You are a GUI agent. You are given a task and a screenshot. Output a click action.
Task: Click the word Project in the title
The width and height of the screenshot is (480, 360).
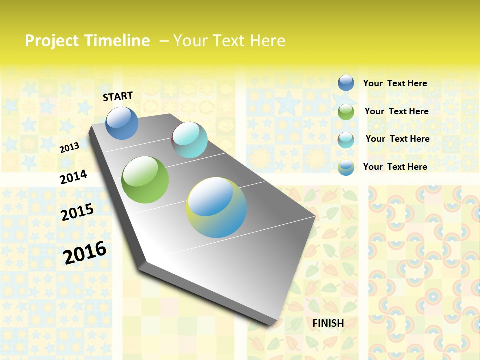pyautogui.click(x=52, y=41)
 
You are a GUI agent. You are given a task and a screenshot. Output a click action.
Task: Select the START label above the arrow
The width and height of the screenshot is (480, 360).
pyautogui.click(x=118, y=96)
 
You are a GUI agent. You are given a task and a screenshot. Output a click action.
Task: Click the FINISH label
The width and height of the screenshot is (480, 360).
pyautogui.click(x=328, y=323)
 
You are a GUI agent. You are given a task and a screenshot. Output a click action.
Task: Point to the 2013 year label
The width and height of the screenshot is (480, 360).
pyautogui.click(x=70, y=148)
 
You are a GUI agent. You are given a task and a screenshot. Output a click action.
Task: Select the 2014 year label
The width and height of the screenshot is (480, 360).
pyautogui.click(x=74, y=177)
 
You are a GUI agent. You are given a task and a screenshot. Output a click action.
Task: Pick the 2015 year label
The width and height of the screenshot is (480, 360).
pyautogui.click(x=77, y=212)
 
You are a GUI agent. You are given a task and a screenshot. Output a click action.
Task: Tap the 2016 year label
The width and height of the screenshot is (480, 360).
pyautogui.click(x=85, y=252)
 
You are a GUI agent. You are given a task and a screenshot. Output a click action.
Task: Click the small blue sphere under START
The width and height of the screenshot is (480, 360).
pyautogui.click(x=122, y=123)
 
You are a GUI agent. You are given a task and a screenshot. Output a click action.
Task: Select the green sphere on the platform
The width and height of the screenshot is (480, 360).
pyautogui.click(x=145, y=180)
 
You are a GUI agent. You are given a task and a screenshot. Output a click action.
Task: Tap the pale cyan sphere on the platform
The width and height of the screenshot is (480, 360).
pyautogui.click(x=189, y=140)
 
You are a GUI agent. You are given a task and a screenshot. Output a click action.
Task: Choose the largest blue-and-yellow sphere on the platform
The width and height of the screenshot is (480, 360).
pyautogui.click(x=216, y=207)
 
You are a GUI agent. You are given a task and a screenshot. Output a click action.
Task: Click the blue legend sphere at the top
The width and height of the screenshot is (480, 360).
pyautogui.click(x=346, y=83)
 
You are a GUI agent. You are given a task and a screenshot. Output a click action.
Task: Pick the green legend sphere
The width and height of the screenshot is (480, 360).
pyautogui.click(x=346, y=111)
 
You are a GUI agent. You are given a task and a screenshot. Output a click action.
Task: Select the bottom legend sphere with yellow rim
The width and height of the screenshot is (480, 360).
pyautogui.click(x=346, y=167)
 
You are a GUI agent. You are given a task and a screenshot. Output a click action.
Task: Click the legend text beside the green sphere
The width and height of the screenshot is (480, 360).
pyautogui.click(x=396, y=111)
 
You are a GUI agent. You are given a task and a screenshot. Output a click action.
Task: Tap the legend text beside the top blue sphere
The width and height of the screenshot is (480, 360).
pyautogui.click(x=395, y=83)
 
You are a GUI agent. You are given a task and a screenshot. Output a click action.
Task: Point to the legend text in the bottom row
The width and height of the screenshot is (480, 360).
pyautogui.click(x=395, y=167)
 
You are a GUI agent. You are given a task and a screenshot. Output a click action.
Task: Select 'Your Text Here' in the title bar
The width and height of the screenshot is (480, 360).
pyautogui.click(x=229, y=41)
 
